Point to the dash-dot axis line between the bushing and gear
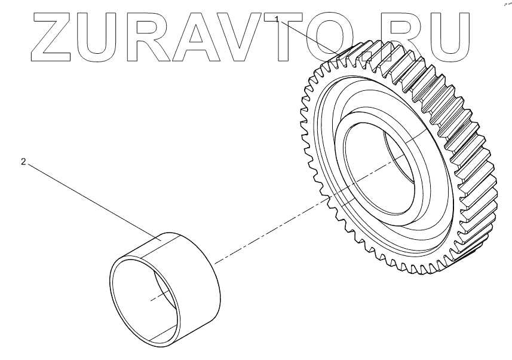[x=269, y=234]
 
